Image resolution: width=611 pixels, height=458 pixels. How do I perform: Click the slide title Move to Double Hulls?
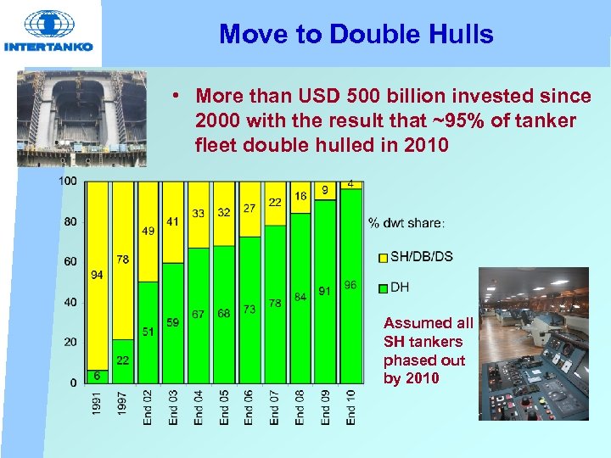click(356, 34)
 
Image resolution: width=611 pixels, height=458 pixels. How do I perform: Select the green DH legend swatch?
click(383, 288)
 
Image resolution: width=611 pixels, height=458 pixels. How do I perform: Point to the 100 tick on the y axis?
click(69, 182)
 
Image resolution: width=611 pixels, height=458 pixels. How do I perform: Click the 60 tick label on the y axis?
click(70, 262)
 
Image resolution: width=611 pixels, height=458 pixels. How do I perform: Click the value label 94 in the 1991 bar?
click(97, 275)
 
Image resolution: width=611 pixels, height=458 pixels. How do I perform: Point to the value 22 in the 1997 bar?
click(122, 360)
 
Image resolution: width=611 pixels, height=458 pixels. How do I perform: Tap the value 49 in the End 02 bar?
click(148, 231)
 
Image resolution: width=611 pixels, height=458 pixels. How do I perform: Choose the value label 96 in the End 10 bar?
click(350, 285)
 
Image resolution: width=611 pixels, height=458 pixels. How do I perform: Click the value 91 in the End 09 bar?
click(325, 291)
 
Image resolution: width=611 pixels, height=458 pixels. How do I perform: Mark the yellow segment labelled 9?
click(325, 191)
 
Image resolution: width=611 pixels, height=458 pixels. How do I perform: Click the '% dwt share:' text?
click(406, 224)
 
